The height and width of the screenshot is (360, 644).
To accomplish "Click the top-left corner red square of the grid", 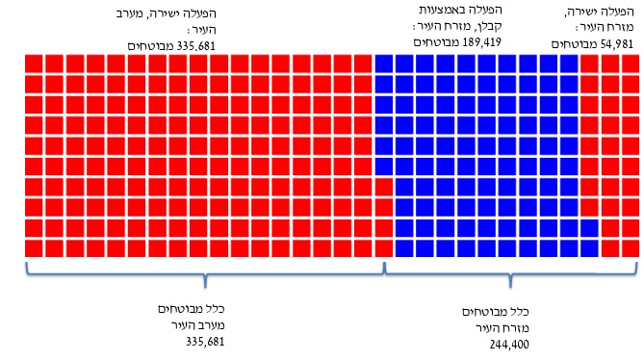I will coord(33,64).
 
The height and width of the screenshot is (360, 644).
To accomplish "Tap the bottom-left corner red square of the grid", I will coord(33,247).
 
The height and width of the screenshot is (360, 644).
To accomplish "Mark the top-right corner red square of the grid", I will coord(631,64).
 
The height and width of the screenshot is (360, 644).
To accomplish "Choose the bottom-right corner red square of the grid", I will coord(631,247).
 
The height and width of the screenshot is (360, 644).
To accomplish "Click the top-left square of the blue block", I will coord(383,64).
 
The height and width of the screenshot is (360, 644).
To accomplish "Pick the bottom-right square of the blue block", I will coord(589,247).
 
